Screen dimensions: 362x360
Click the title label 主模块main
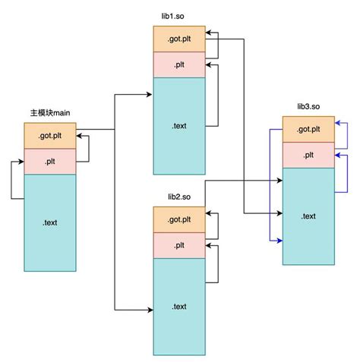pyautogui.click(x=50, y=113)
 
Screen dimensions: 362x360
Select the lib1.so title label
pyautogui.click(x=179, y=16)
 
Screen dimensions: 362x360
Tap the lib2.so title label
pyautogui.click(x=179, y=197)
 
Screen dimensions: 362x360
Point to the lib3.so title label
pyautogui.click(x=308, y=107)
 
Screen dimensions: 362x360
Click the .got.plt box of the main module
pyautogui.click(x=50, y=136)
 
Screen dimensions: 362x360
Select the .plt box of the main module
pyautogui.click(x=50, y=161)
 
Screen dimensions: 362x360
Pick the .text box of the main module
pyautogui.click(x=50, y=222)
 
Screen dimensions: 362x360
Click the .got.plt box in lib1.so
pyautogui.click(x=179, y=39)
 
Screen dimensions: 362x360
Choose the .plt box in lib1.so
pyautogui.click(x=179, y=65)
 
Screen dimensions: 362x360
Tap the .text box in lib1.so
pyautogui.click(x=179, y=126)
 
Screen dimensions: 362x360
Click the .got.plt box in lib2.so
pyautogui.click(x=179, y=219)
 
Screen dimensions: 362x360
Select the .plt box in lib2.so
pyautogui.click(x=179, y=245)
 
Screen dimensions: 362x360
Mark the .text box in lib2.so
pyautogui.click(x=179, y=307)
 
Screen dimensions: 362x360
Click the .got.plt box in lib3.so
pyautogui.click(x=308, y=129)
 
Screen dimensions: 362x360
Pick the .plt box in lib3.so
pyautogui.click(x=308, y=155)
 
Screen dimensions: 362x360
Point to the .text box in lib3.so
pyautogui.click(x=308, y=216)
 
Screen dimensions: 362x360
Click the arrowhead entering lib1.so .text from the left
pyautogui.click(x=150, y=95)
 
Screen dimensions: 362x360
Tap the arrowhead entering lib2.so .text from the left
pyautogui.click(x=150, y=309)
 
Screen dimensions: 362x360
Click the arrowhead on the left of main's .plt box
pyautogui.click(x=21, y=162)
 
